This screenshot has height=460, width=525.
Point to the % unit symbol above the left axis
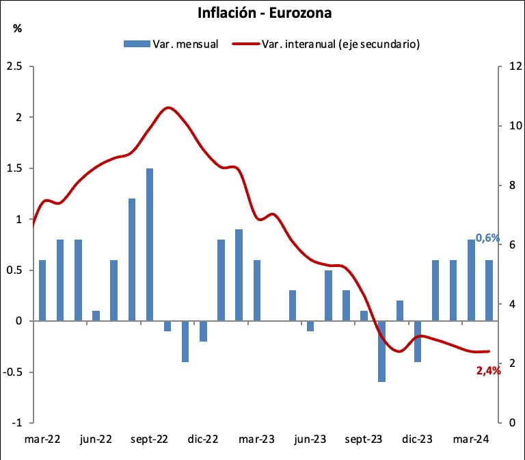click(x=17, y=29)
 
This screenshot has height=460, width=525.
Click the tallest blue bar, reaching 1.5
click(x=150, y=244)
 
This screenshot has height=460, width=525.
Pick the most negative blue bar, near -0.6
click(x=381, y=351)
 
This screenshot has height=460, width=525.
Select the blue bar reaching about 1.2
click(x=132, y=260)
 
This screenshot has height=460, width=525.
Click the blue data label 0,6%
click(x=488, y=238)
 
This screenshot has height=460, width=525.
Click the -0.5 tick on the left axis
click(x=14, y=372)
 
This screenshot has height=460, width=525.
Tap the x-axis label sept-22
click(x=149, y=439)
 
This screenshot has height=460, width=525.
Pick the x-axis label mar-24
click(x=470, y=439)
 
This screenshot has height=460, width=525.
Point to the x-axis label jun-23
click(x=310, y=439)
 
